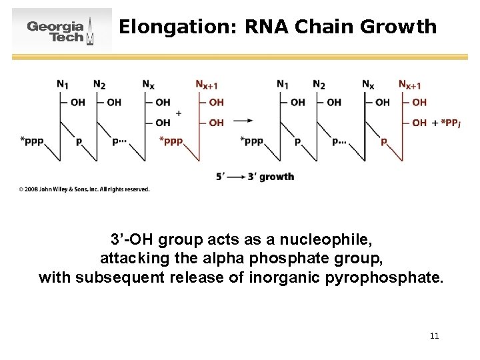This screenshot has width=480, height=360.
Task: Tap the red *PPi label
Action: pos(445,123)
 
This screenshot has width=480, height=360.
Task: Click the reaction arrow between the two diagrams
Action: pos(244,121)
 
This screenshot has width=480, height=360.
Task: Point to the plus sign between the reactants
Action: pos(178,113)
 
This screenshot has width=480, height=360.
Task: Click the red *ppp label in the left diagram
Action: pos(171,141)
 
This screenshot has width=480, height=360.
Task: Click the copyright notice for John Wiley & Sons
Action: pos(84,189)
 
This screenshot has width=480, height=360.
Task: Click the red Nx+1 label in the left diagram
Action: pos(206,85)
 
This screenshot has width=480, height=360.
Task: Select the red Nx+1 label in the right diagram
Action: pos(409,85)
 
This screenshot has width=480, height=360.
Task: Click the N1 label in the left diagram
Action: pos(63,85)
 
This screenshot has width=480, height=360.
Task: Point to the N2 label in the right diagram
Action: pos(319,85)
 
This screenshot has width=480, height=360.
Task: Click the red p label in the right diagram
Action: pos(383,141)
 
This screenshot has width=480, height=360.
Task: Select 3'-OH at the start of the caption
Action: pos(133,239)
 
